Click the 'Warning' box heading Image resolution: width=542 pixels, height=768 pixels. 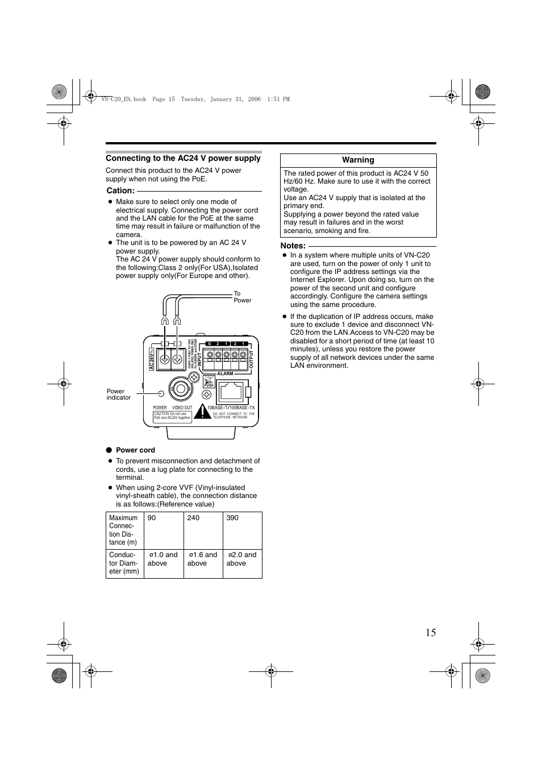click(358, 160)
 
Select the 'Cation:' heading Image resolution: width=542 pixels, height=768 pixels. click(120, 190)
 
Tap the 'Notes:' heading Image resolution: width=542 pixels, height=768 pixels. click(293, 246)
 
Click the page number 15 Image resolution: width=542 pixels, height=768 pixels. click(430, 633)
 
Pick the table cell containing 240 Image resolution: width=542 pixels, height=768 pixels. click(203, 530)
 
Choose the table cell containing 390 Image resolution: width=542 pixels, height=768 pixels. click(242, 530)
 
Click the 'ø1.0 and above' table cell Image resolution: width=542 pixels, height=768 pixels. click(164, 563)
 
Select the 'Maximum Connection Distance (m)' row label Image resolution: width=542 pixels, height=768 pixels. click(124, 530)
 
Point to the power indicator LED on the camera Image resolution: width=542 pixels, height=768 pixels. click(161, 394)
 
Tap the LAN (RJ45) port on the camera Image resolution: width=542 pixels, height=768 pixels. click(231, 391)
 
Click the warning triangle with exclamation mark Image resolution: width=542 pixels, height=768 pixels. click(202, 412)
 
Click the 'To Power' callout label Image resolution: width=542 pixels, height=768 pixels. click(242, 297)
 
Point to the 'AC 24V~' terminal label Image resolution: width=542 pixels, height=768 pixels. click(152, 359)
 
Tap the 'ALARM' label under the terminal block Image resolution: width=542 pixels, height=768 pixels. click(225, 373)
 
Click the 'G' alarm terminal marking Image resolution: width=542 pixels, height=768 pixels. click(210, 344)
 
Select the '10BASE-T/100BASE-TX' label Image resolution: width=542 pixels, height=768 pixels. click(231, 408)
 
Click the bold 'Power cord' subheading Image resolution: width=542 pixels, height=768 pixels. click(135, 450)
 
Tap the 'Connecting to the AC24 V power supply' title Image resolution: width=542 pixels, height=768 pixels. click(183, 159)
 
